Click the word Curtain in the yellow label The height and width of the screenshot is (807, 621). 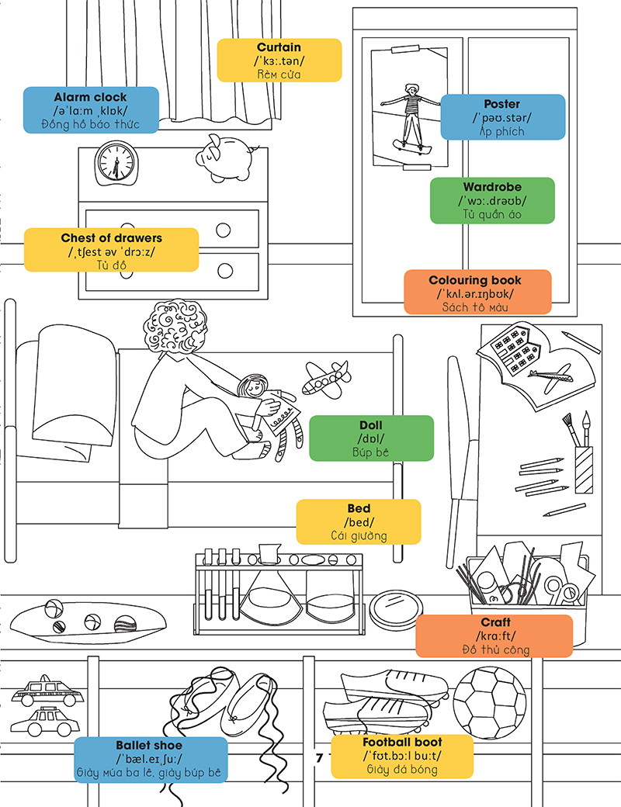[x=279, y=48]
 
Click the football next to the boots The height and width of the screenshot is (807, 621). [x=489, y=703]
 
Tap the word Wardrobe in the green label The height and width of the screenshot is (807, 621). [x=492, y=187]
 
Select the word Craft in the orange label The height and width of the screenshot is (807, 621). [x=495, y=622]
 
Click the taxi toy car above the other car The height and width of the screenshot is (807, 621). [x=44, y=690]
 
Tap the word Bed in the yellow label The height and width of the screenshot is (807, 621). [x=359, y=509]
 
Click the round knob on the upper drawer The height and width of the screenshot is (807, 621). [x=224, y=230]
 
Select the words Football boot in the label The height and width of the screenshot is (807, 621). [x=402, y=743]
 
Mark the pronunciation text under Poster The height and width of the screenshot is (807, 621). [x=502, y=118]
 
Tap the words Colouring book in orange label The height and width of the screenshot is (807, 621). [x=475, y=280]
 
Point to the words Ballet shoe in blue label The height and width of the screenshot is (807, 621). [x=150, y=745]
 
